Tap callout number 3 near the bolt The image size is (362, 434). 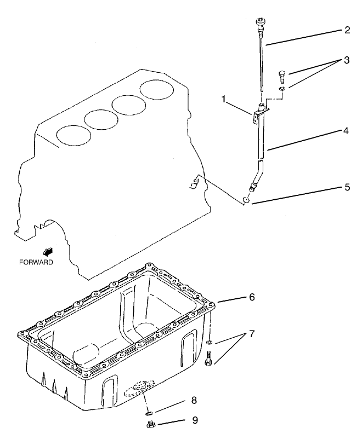tap(347, 60)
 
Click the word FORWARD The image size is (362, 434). tap(36, 262)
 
